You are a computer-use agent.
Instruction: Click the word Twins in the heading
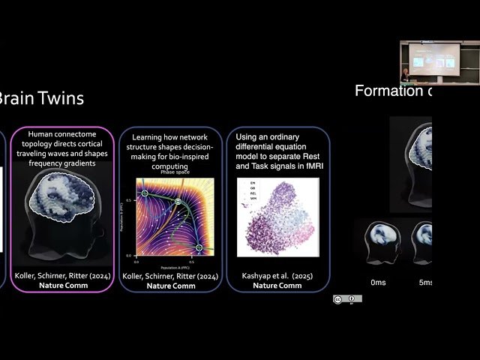tap(58, 98)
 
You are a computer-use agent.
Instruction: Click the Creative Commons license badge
tap(347, 298)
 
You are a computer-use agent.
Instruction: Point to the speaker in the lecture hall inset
tap(406, 74)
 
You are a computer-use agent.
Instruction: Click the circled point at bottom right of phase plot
tap(199, 247)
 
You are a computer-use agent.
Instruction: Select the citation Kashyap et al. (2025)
tap(277, 276)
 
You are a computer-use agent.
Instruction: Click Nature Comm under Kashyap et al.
tap(277, 286)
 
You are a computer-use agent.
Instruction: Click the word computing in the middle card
tap(171, 166)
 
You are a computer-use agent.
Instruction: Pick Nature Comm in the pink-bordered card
tap(63, 286)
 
